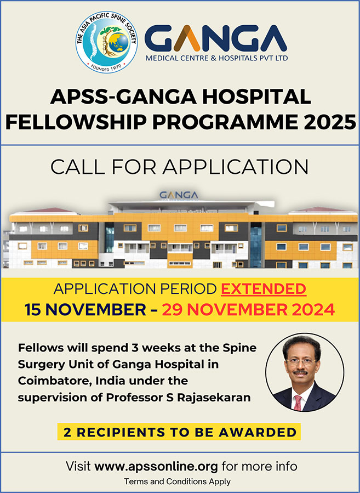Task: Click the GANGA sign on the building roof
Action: coord(178,195)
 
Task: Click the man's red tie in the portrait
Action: coord(298,402)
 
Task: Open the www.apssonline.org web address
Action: coord(156,467)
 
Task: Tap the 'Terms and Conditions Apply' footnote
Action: coord(177,481)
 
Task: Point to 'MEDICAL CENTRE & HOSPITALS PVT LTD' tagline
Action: coord(215,58)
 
